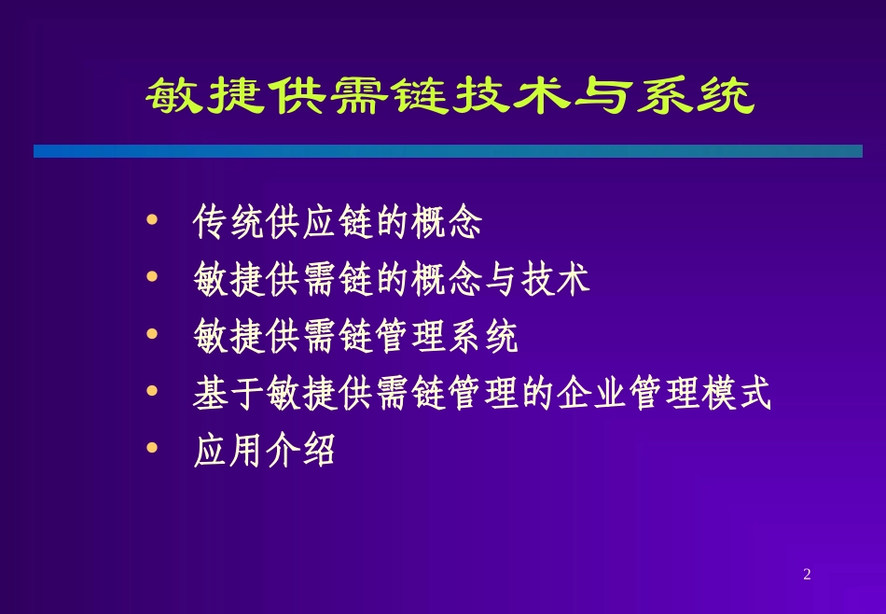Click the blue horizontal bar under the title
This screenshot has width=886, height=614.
[448, 151]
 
